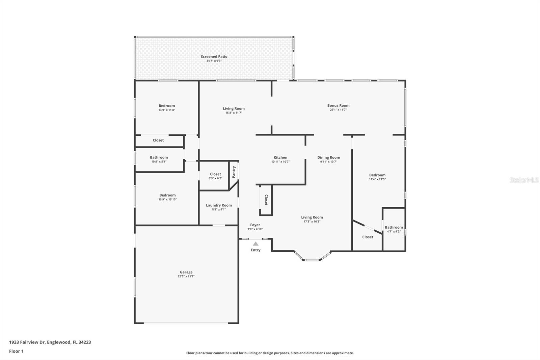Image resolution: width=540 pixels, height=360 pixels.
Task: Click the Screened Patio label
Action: (x=214, y=57)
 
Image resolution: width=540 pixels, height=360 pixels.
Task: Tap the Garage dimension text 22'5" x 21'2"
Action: (x=186, y=276)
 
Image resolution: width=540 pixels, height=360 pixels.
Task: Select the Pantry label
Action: (x=234, y=172)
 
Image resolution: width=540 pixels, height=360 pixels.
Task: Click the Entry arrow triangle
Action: (x=255, y=244)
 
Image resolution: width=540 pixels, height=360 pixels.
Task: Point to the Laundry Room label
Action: (x=219, y=205)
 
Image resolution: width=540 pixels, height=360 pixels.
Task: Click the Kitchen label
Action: (x=280, y=157)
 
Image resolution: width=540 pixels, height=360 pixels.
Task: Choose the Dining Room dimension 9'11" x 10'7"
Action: (x=328, y=162)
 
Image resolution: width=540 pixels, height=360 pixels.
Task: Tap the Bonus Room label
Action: (x=338, y=105)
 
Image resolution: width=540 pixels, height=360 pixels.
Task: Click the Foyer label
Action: (x=255, y=225)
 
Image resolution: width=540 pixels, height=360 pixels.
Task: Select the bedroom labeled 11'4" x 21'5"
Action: (x=377, y=175)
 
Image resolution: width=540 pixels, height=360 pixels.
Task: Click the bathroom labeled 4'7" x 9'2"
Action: (x=394, y=228)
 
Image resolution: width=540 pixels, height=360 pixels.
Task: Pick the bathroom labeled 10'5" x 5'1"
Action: (x=159, y=158)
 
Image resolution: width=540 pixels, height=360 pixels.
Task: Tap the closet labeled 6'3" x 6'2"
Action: (x=215, y=174)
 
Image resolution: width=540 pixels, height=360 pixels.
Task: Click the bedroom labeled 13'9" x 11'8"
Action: (x=167, y=106)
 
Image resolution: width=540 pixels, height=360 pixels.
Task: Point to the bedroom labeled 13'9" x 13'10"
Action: (x=167, y=195)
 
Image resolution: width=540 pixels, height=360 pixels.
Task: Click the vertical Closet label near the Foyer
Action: (x=266, y=200)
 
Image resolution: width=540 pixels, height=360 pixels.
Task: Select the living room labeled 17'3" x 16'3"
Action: (x=312, y=217)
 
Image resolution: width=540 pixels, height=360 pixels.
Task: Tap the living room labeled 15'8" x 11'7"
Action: (x=234, y=109)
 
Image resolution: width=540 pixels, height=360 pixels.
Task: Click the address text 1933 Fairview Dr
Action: (x=27, y=342)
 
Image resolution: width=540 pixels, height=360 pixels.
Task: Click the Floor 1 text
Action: (x=16, y=351)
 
